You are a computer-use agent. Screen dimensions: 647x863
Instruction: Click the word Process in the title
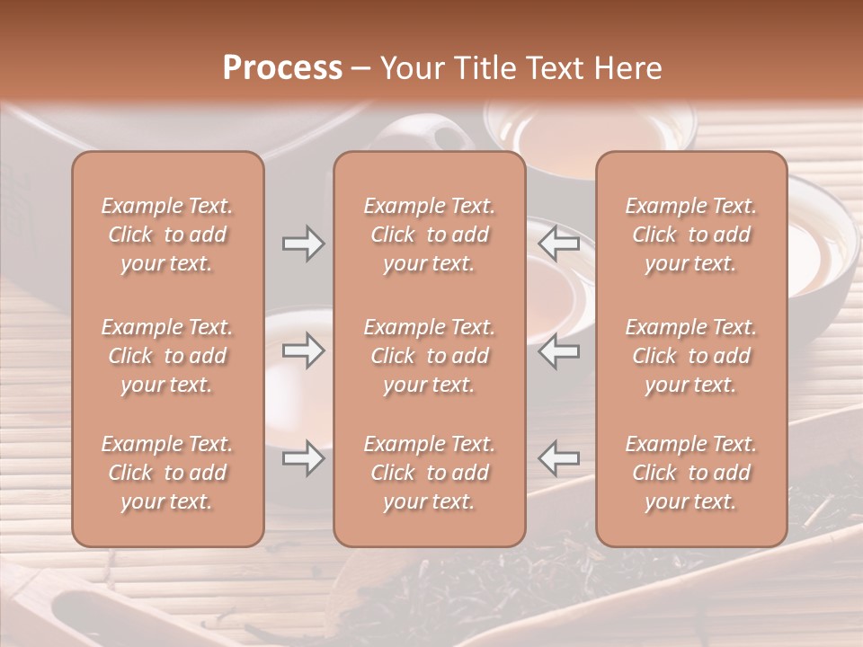pyautogui.click(x=282, y=68)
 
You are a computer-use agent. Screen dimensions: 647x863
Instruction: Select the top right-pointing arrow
pyautogui.click(x=303, y=244)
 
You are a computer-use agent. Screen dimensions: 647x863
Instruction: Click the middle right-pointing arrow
pyautogui.click(x=303, y=350)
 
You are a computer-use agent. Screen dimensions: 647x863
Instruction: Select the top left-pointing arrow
pyautogui.click(x=559, y=244)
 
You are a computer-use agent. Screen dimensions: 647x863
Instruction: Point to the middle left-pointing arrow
pyautogui.click(x=559, y=350)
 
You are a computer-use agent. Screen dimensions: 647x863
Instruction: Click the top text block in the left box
pyautogui.click(x=167, y=235)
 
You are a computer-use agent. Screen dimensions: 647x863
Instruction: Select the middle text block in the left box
pyautogui.click(x=167, y=356)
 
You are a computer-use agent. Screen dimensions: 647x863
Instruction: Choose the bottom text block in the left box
pyautogui.click(x=167, y=473)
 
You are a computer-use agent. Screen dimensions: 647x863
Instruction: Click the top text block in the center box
pyautogui.click(x=429, y=235)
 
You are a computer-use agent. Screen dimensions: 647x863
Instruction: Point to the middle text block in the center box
pyautogui.click(x=429, y=356)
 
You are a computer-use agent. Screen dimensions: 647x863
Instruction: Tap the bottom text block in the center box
pyautogui.click(x=429, y=473)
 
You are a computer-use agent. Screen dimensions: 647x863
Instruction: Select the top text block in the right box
pyautogui.click(x=690, y=235)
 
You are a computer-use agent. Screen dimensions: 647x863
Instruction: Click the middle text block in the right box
pyautogui.click(x=690, y=356)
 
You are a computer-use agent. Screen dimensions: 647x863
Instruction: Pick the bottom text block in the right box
pyautogui.click(x=690, y=473)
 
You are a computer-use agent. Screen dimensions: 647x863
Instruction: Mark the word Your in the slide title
pyautogui.click(x=409, y=68)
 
